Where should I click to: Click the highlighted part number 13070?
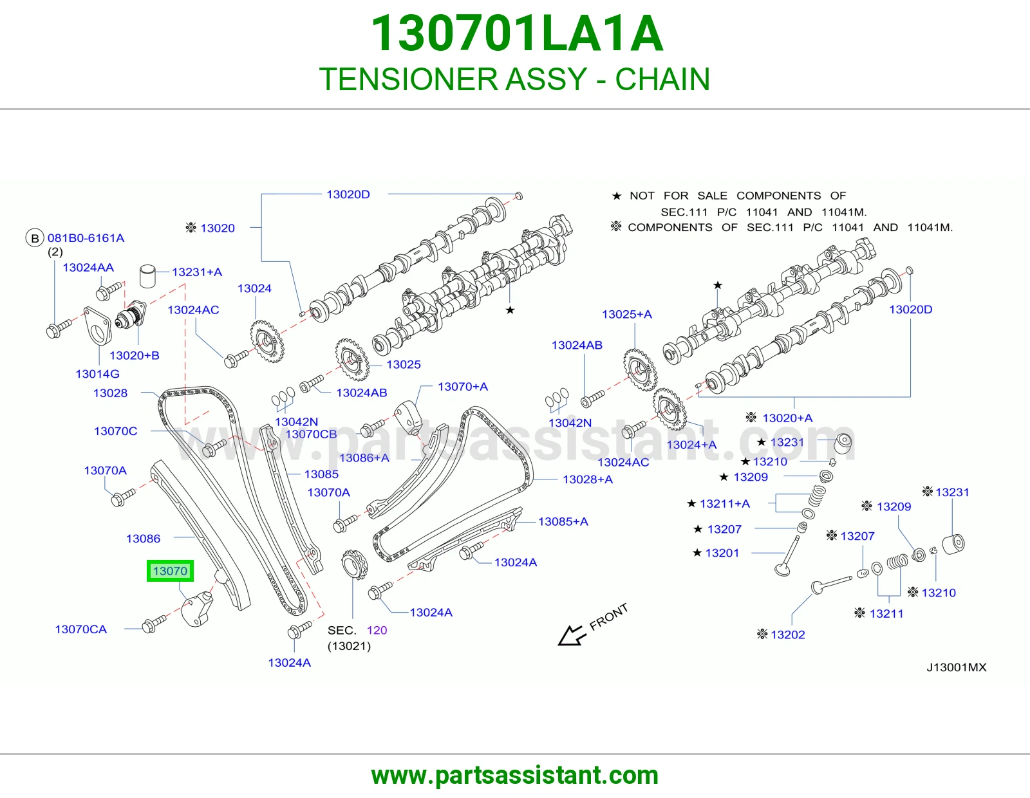point(170,571)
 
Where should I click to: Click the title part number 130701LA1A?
point(516,33)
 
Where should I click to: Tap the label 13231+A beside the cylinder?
point(197,272)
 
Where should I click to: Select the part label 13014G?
point(97,374)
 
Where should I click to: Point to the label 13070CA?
point(80,629)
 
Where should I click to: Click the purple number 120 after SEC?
point(377,630)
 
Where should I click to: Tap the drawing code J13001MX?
point(957,667)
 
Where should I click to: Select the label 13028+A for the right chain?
point(587,479)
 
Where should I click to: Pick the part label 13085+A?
point(563,522)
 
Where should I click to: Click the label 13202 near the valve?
point(787,635)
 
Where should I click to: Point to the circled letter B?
point(35,238)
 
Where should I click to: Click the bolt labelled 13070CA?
point(154,623)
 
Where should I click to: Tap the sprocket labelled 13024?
point(267,341)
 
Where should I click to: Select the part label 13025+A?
point(626,314)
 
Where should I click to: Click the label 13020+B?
point(134,355)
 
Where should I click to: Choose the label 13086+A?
point(364,458)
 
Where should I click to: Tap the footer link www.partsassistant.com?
point(515,775)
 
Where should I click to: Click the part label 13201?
point(722,553)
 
